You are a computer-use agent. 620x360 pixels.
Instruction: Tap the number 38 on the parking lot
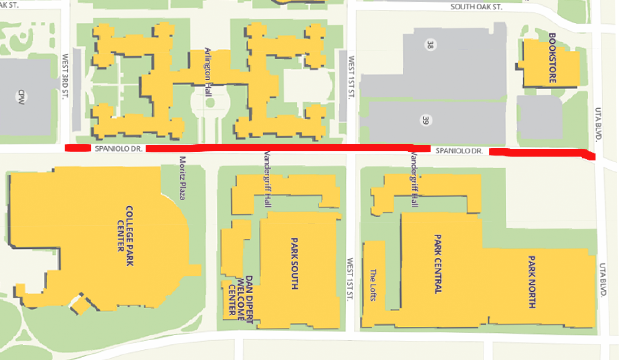429,45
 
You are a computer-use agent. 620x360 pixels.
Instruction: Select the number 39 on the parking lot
426,120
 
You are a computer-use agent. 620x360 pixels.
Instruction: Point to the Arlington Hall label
208,71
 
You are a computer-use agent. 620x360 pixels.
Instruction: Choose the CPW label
19,97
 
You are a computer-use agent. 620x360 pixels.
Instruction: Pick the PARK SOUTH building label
295,263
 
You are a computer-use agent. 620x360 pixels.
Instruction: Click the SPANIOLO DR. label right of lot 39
460,151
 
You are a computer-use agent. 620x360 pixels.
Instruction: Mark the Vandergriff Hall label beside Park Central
413,180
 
